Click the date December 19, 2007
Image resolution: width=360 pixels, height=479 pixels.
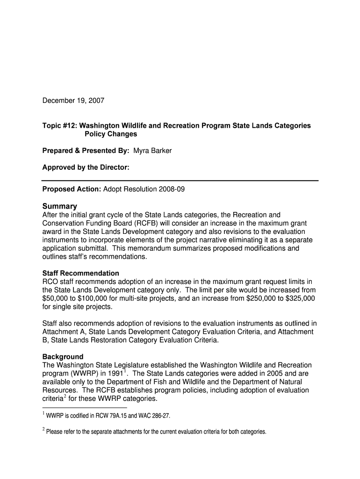73,101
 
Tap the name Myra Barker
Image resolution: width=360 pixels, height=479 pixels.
152,151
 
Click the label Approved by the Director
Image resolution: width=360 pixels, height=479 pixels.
86,167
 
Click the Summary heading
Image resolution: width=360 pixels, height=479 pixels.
59,206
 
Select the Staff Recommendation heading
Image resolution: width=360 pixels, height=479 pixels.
80,273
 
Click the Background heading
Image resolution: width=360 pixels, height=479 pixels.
63,356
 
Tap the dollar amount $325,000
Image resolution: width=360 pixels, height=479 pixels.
298,298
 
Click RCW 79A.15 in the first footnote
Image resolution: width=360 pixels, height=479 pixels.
113,415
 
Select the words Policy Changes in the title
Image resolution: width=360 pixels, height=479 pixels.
111,134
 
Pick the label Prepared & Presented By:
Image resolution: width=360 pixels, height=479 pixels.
86,151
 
